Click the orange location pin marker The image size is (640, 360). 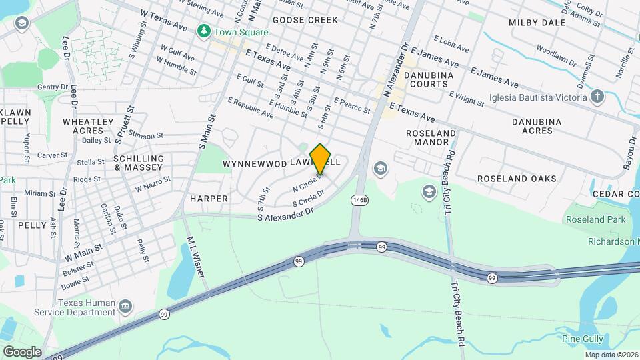tap(321, 159)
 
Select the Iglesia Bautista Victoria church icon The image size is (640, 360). tap(597, 97)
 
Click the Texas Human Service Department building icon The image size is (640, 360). tap(125, 307)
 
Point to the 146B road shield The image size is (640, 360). tap(359, 199)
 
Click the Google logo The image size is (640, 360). tap(22, 352)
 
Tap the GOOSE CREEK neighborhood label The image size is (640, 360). tap(305, 20)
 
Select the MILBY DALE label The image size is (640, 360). tap(537, 22)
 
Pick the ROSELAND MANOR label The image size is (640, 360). tap(431, 137)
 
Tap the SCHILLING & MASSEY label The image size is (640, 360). tap(138, 163)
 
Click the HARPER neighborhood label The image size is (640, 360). tap(209, 199)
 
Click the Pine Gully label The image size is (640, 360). tap(583, 339)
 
